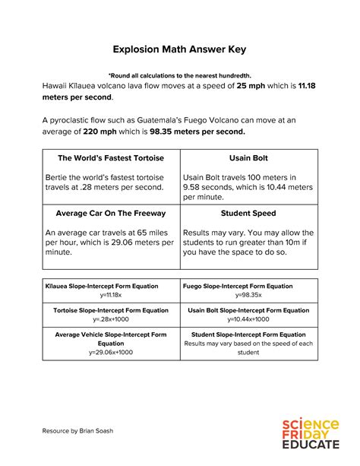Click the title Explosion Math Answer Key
(179, 49)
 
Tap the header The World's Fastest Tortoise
(111, 158)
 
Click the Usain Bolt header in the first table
(248, 158)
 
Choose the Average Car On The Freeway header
(111, 214)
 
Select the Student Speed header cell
(248, 214)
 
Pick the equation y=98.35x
(248, 295)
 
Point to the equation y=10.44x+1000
(248, 319)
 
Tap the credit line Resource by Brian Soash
(78, 432)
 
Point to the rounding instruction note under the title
(179, 75)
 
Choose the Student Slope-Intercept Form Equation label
(248, 334)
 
